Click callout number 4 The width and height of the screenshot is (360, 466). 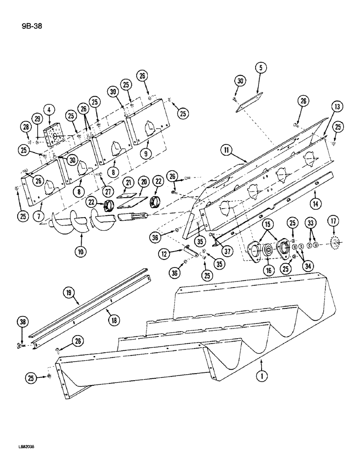coord(49,110)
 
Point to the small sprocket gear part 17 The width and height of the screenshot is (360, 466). coord(334,242)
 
